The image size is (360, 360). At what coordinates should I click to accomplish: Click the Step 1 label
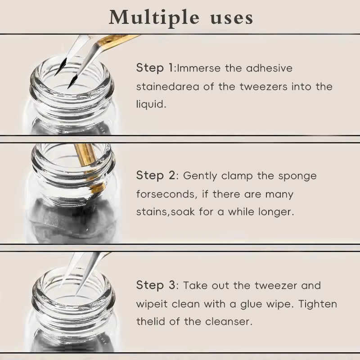pos(155,68)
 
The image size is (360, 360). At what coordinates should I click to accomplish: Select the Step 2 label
pos(156,175)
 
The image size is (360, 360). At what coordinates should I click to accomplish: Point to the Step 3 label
pos(156,285)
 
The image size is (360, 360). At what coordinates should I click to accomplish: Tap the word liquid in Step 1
pos(151,104)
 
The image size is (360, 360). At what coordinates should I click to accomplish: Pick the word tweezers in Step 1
pos(263,87)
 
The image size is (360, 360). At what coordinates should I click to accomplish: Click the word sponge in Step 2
pos(297,176)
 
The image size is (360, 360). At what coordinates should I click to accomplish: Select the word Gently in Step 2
pos(200,176)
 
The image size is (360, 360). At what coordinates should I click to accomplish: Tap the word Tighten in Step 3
pos(318,304)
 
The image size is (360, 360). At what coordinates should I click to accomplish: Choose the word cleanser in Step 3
pos(229,321)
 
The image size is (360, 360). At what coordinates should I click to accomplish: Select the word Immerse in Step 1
pos(198,68)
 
